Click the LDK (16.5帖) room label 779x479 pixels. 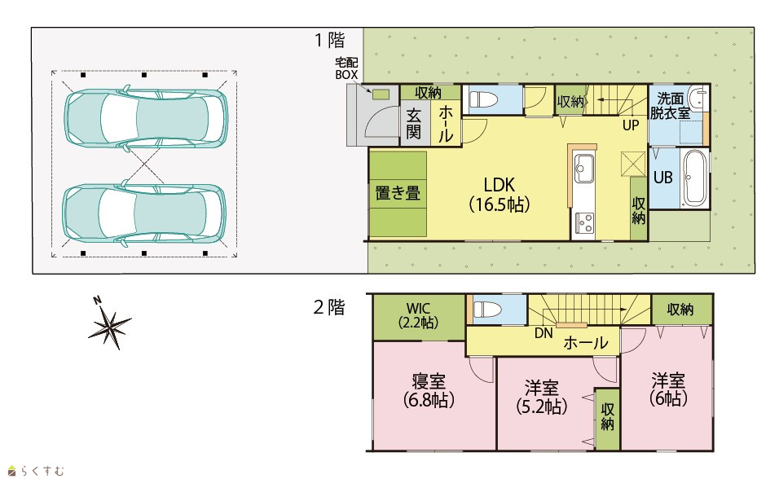tap(500, 194)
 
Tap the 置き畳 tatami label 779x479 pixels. tap(398, 193)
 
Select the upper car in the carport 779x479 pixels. tap(146, 118)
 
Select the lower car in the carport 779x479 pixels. tap(144, 214)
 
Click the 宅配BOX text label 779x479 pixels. tap(346, 68)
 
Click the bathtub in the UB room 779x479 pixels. tap(694, 178)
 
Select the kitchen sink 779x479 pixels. tap(583, 168)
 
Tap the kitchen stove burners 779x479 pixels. tap(583, 222)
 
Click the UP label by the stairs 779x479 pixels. tap(631, 125)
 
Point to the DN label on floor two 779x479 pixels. tap(544, 333)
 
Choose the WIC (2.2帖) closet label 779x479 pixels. tap(418, 315)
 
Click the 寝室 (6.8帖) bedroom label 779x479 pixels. tap(429, 390)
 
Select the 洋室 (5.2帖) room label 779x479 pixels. tap(542, 397)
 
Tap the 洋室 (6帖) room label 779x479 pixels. tap(668, 389)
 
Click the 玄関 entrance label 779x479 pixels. tap(414, 124)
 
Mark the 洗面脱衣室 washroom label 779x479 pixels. tap(670, 106)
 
